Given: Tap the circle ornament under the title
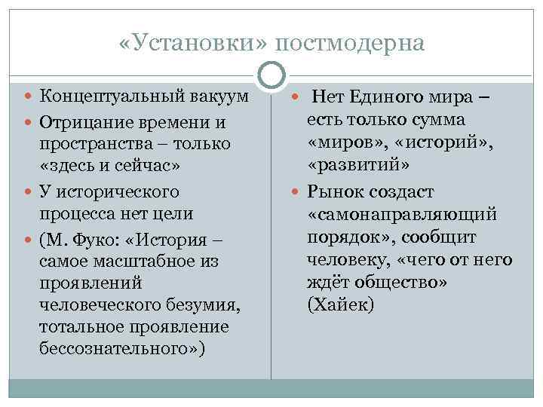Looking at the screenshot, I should coord(271,75).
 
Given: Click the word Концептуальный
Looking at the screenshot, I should coord(106,96).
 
